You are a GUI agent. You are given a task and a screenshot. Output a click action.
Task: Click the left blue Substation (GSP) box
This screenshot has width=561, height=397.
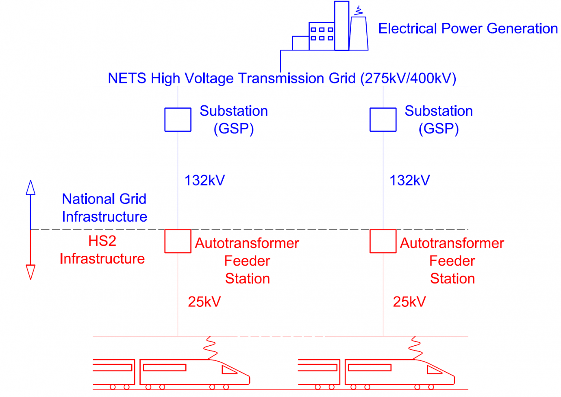178,120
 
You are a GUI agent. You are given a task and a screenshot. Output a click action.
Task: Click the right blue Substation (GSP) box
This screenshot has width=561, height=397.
383,120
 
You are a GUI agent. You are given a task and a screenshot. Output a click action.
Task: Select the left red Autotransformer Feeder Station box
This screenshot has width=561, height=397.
178,241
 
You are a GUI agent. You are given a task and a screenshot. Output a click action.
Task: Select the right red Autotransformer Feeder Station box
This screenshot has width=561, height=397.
383,241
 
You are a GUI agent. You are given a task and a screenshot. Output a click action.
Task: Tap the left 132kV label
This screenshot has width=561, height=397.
204,180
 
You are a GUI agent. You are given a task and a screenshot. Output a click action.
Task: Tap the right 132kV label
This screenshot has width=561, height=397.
410,180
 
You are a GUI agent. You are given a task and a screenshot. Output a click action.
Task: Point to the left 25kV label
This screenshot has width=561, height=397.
204,302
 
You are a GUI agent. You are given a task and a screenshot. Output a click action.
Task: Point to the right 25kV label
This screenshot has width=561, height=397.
409,302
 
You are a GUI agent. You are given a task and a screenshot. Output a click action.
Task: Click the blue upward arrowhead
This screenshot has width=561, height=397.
30,188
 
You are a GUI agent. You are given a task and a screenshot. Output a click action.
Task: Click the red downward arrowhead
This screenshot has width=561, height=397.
30,272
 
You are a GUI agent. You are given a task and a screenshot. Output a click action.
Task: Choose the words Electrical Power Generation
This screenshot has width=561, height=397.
468,28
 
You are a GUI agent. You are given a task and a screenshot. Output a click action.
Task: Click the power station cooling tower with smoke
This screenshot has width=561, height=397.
358,33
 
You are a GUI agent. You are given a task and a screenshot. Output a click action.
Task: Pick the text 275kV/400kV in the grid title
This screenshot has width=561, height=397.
408,78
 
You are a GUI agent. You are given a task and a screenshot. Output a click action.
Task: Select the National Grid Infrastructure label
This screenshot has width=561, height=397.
104,208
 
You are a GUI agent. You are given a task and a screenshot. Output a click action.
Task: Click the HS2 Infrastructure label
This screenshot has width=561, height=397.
102,250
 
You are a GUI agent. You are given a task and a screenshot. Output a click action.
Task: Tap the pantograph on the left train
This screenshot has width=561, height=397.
210,348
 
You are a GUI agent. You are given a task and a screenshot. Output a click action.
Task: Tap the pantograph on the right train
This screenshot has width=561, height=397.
415,348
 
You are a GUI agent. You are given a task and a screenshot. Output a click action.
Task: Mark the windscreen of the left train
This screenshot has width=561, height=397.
229,370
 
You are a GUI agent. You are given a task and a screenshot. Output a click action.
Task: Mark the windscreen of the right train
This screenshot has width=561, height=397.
434,370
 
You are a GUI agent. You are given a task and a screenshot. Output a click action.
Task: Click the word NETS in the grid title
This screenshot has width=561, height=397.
126,78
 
